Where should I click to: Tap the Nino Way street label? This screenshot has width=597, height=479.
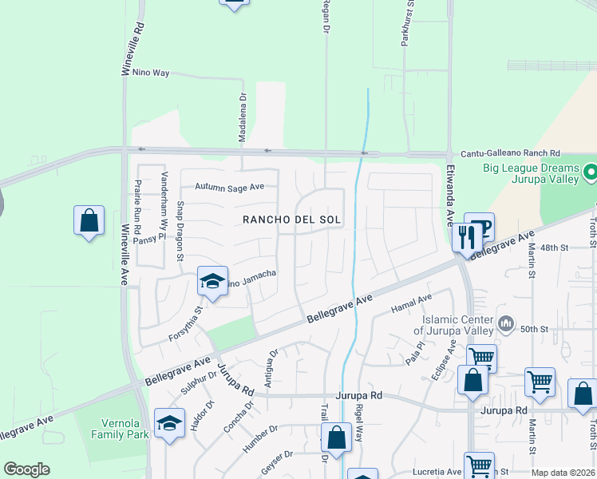point(151,73)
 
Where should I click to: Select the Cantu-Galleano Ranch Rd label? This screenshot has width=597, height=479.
point(511,153)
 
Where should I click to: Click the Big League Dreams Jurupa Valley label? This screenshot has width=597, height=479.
point(531,174)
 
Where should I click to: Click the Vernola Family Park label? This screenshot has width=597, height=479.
point(113,428)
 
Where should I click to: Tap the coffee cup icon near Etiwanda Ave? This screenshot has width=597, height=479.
point(480,226)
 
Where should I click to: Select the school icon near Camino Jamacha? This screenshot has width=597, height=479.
point(212,280)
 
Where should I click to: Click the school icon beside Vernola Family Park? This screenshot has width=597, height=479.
point(169,422)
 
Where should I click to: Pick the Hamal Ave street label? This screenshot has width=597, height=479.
point(411,303)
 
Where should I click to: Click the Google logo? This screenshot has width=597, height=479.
point(26,469)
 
